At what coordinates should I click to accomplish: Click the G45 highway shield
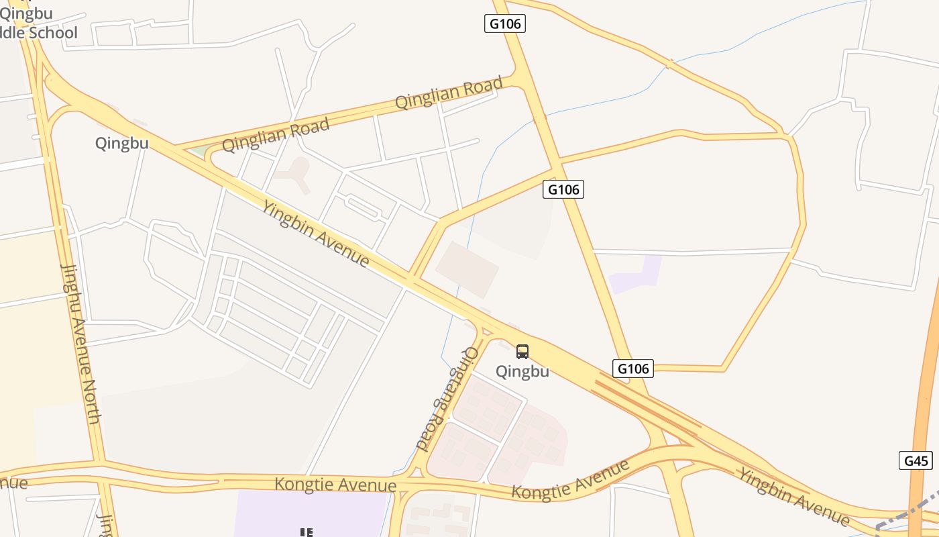pyautogui.click(x=916, y=461)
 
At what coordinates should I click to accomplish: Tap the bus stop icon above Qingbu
pyautogui.click(x=522, y=351)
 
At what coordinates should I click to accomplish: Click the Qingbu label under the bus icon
pyautogui.click(x=522, y=371)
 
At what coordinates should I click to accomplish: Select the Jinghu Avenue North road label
pyautogui.click(x=81, y=343)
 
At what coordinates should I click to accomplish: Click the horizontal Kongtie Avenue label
pyautogui.click(x=335, y=485)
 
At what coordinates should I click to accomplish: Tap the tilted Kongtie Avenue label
pyautogui.click(x=571, y=479)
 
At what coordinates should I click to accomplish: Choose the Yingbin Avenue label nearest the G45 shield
pyautogui.click(x=794, y=496)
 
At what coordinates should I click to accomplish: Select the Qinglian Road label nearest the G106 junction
pyautogui.click(x=449, y=93)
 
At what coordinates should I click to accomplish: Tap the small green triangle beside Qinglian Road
pyautogui.click(x=199, y=152)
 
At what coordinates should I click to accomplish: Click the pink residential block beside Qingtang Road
pyautogui.click(x=496, y=430)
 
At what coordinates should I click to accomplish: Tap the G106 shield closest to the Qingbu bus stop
pyautogui.click(x=632, y=369)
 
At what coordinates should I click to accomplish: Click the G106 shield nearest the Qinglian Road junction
pyautogui.click(x=504, y=23)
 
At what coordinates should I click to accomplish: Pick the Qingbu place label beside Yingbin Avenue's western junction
pyautogui.click(x=121, y=143)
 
